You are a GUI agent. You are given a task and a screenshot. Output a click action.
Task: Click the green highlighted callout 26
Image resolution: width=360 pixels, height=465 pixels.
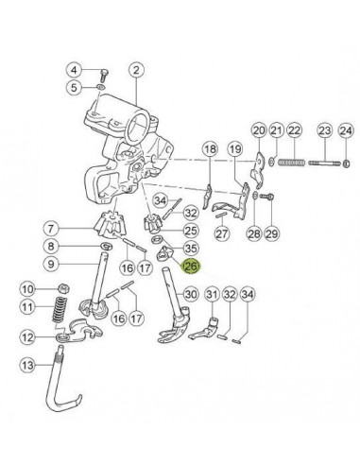point(192,267)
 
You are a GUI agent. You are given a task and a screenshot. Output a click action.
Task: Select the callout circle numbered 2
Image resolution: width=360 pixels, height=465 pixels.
point(136,70)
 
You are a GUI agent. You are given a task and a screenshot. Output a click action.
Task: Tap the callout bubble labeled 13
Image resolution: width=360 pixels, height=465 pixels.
point(27,365)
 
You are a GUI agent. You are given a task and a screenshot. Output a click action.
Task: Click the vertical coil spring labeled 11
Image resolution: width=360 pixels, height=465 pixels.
point(60,309)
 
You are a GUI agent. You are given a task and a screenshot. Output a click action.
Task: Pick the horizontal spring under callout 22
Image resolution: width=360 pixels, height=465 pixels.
point(292,163)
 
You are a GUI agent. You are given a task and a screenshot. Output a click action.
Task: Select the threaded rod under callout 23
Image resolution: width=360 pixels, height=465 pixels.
point(325,164)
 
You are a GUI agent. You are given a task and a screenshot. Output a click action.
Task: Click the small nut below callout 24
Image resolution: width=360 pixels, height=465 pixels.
point(346,164)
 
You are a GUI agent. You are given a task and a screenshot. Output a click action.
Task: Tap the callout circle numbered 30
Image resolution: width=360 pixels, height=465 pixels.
point(191,295)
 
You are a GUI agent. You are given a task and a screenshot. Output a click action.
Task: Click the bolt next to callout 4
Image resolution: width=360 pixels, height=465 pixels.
point(104,76)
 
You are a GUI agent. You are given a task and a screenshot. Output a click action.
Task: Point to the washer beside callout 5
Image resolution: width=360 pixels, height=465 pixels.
point(100,87)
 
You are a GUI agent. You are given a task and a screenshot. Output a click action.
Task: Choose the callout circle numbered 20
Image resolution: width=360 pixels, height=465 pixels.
point(259,130)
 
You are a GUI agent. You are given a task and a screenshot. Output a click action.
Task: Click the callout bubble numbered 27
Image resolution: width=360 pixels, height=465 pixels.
point(223,233)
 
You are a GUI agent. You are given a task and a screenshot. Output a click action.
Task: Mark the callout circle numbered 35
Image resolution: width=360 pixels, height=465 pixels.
point(191,249)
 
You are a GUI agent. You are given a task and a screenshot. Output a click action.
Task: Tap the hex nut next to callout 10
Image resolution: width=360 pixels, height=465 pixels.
point(64,288)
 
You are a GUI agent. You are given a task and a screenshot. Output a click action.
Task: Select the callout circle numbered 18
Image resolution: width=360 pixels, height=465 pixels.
point(211,148)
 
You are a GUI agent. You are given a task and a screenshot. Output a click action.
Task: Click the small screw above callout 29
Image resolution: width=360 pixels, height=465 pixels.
point(267,197)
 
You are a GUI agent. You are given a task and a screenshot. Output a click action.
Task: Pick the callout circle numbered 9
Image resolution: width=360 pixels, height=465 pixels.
point(51,264)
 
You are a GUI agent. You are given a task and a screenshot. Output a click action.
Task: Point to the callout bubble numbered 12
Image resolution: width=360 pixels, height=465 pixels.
point(27,337)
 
